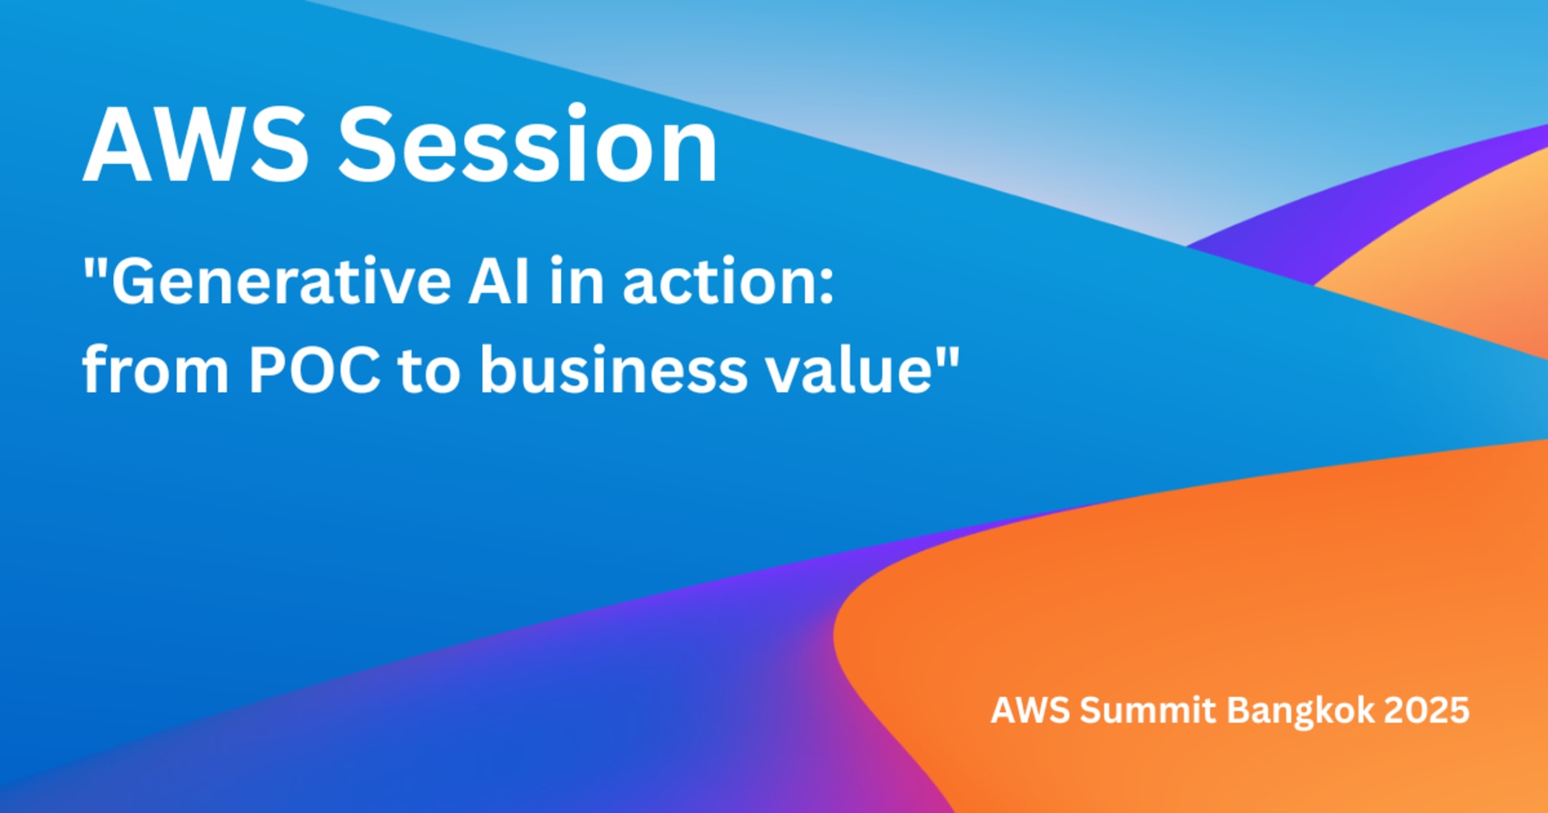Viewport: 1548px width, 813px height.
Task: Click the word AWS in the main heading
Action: (196, 145)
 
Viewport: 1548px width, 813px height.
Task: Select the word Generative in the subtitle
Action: (281, 281)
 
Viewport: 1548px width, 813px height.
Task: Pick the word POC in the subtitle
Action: (314, 370)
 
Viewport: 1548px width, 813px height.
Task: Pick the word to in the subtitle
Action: (430, 372)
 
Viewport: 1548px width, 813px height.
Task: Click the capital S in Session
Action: (367, 145)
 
